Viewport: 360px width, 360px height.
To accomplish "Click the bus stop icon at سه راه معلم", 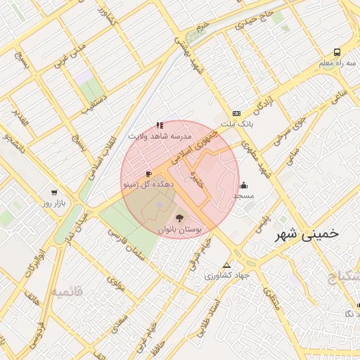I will point(337,52).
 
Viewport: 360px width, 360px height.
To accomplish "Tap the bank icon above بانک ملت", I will point(236,113).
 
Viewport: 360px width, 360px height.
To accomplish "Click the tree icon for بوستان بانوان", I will point(179,218).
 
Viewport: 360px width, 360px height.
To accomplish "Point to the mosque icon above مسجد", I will point(244,186).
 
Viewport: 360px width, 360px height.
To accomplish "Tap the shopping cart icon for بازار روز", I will point(53,192).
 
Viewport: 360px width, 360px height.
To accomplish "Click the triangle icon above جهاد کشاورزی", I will point(226,265).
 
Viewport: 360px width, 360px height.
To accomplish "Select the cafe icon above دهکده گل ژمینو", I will point(148,173).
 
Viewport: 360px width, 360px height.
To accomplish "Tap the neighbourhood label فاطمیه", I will point(67,291).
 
